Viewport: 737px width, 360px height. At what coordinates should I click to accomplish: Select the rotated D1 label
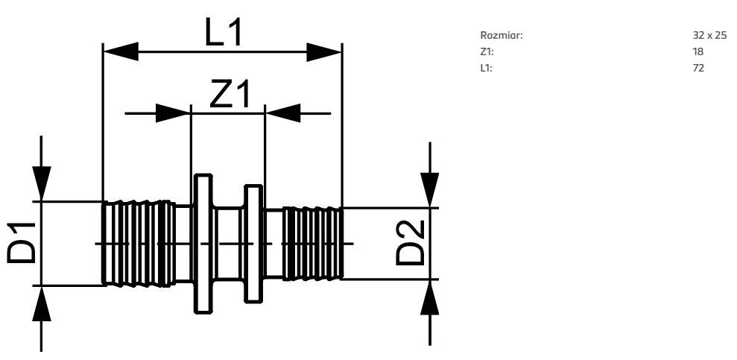coord(20,244)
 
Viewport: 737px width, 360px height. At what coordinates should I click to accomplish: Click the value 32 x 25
coord(709,36)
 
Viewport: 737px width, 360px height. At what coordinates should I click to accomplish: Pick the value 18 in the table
coord(698,52)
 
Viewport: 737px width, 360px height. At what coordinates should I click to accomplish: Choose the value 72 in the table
coord(698,69)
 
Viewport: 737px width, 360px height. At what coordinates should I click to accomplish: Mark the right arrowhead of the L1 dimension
coord(324,52)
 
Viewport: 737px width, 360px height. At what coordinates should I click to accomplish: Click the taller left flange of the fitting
coord(202,244)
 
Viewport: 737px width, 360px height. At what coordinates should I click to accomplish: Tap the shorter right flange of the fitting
coord(253,244)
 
